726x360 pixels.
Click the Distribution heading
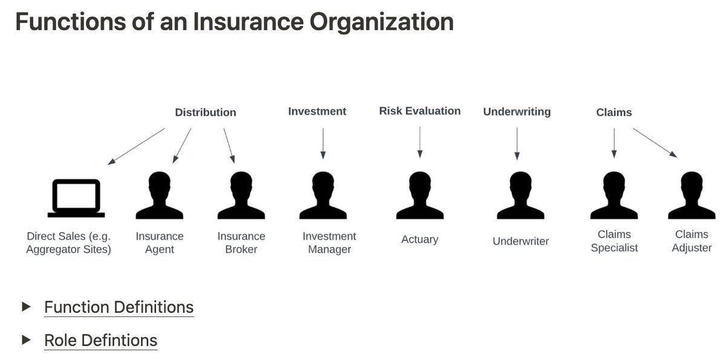pos(206,113)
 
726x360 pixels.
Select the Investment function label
pos(317,111)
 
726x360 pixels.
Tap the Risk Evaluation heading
pos(420,111)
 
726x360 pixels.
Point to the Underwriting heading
pos(517,112)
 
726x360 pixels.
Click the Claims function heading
pos(614,113)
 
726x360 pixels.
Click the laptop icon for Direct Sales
pos(76,198)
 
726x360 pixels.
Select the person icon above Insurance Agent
pos(160,195)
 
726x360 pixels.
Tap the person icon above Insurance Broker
pos(241,195)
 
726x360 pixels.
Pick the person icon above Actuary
pos(420,195)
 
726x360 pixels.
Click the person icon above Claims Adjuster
pos(692,195)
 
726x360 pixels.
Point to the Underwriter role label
pos(520,241)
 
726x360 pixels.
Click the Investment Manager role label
pos(329,243)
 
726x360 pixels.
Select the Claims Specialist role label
pos(614,241)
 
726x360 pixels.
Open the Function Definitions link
pos(119,307)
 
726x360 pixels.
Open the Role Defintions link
pos(101,341)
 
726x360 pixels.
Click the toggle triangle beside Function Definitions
pos(26,307)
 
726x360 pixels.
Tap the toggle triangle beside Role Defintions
pos(26,340)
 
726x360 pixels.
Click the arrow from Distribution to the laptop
pos(136,146)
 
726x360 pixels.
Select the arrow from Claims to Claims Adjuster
pos(655,143)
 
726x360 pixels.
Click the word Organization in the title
pos(382,22)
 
